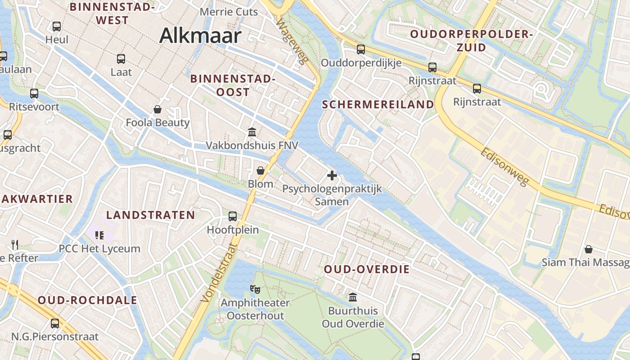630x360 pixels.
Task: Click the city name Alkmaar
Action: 200,36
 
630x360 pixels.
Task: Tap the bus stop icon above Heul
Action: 57,27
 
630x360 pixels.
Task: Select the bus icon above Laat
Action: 121,58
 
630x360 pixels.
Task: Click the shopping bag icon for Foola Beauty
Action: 157,109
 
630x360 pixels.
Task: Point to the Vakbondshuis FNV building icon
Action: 252,132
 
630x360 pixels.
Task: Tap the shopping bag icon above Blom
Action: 261,171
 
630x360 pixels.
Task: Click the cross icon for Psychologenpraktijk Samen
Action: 332,175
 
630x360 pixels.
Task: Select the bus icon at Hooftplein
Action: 233,216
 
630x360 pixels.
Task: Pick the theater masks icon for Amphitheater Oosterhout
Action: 255,289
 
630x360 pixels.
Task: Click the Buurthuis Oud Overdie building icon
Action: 353,297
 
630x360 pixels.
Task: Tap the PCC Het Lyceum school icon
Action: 99,235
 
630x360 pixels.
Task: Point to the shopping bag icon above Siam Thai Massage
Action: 588,249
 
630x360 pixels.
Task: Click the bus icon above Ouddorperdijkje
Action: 361,49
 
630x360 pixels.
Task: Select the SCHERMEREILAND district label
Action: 378,104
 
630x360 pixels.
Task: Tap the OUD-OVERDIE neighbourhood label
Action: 367,270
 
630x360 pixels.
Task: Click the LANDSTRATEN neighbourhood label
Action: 150,215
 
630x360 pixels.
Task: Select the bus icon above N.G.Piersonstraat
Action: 55,323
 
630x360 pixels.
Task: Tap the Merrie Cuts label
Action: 229,12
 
